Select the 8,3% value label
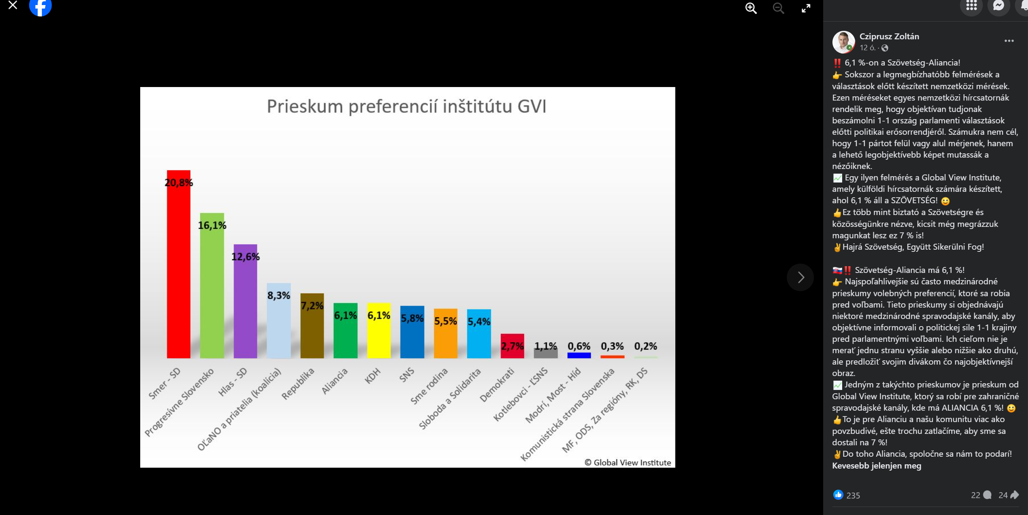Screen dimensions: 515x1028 [278, 295]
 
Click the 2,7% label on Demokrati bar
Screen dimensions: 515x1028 [512, 346]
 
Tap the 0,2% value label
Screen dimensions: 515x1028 [645, 346]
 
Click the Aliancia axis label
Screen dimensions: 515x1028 [335, 381]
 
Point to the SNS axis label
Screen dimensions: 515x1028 [407, 375]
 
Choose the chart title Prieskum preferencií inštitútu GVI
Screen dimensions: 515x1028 [406, 106]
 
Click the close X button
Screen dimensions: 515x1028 [13, 5]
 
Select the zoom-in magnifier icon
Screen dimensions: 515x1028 [751, 8]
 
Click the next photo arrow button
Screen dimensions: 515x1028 [800, 278]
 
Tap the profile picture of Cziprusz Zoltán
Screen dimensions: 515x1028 [843, 42]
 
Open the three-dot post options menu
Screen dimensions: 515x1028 [1009, 41]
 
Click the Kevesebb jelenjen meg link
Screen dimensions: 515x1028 [876, 466]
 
